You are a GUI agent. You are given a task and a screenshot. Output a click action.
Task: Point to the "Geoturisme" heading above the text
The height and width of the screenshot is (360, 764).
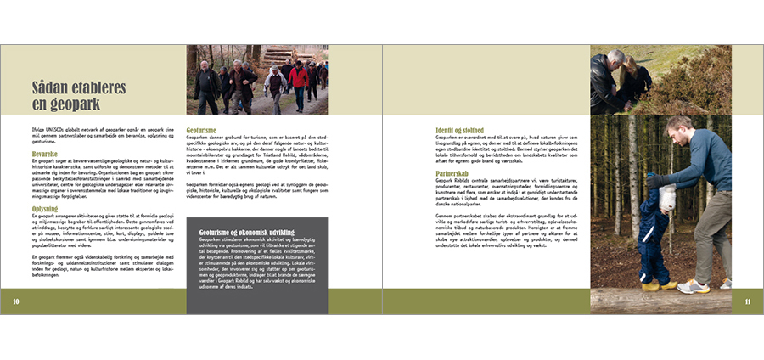tap(206, 130)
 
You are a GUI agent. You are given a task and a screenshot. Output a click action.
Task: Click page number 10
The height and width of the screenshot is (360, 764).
tap(16, 301)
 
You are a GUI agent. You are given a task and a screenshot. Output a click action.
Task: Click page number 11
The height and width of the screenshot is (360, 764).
tap(748, 301)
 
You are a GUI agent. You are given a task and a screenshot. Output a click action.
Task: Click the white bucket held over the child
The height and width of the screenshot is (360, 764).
tap(667, 198)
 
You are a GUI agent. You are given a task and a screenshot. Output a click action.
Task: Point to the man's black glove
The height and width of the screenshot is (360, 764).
tap(654, 180)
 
